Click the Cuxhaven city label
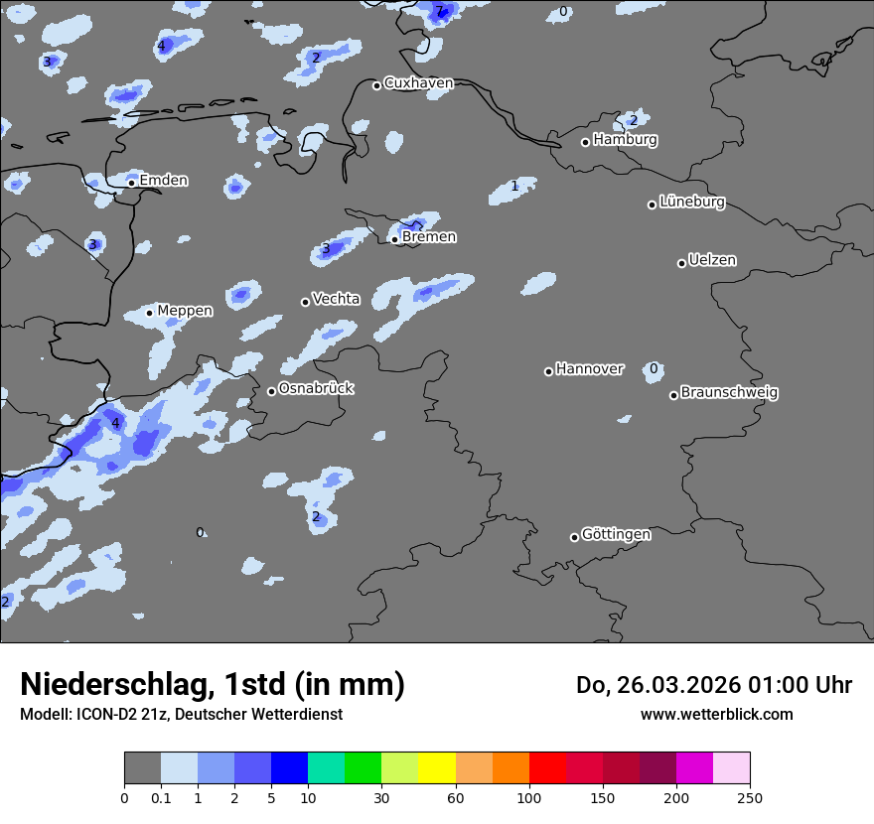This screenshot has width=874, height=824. click(x=418, y=83)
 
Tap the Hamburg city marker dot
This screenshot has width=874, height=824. click(x=586, y=142)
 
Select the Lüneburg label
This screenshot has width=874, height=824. click(x=692, y=203)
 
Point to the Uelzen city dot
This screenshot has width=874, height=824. click(x=681, y=263)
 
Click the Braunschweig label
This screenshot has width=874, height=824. click(x=729, y=393)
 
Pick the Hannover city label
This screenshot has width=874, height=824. click(x=590, y=369)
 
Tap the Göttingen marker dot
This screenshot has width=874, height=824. click(x=574, y=537)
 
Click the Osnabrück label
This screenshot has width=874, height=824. click(x=316, y=389)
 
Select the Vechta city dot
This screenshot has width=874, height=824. click(x=305, y=302)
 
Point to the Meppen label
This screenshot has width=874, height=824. click(x=185, y=311)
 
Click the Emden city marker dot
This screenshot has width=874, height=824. click(x=131, y=183)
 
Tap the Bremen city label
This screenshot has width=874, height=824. click(x=429, y=237)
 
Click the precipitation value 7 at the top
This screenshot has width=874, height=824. click(x=439, y=11)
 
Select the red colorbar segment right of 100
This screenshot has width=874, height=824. click(x=547, y=768)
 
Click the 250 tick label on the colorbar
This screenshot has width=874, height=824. click(x=750, y=797)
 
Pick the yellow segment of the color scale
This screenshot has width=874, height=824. click(x=437, y=768)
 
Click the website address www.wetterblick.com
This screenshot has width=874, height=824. click(x=716, y=714)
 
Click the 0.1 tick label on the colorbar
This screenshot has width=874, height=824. click(x=160, y=797)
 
